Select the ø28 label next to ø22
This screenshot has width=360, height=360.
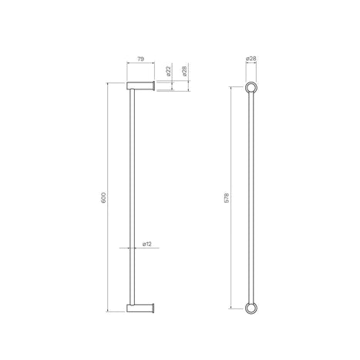[x=184, y=71]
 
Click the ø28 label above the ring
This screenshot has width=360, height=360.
[x=251, y=59]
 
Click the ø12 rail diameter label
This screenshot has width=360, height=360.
[x=146, y=244]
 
